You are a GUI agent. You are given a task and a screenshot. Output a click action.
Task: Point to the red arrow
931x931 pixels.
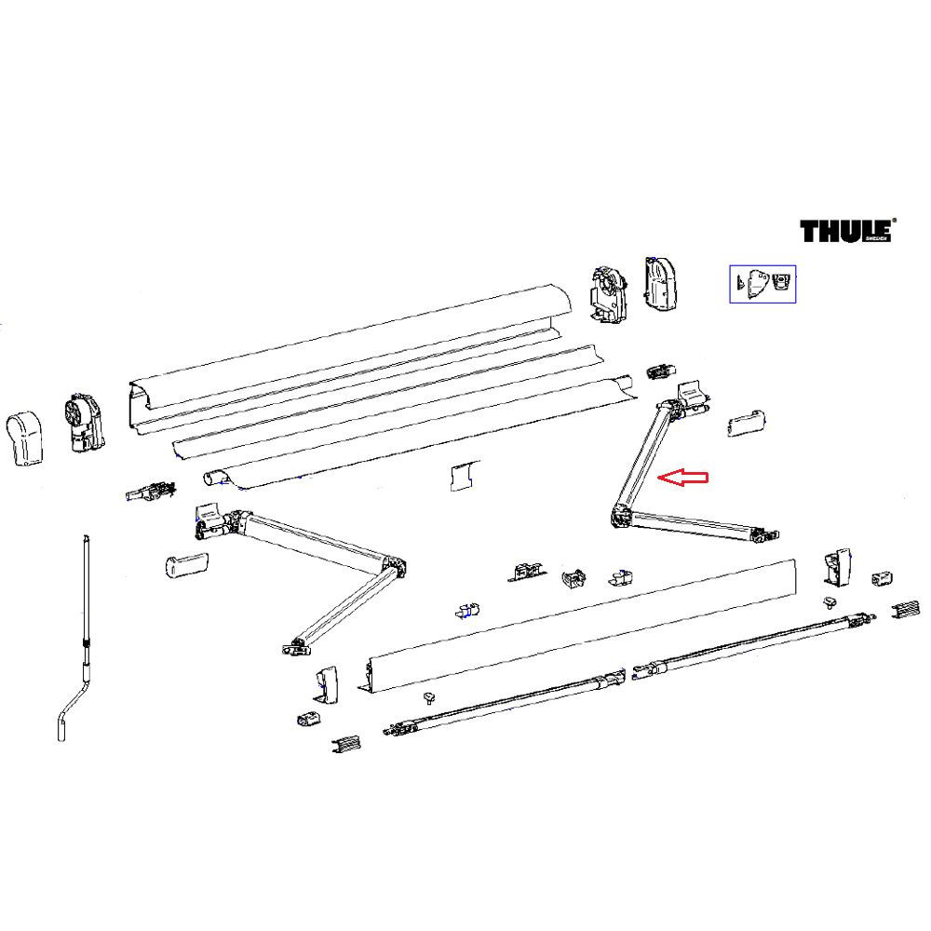pyautogui.click(x=683, y=478)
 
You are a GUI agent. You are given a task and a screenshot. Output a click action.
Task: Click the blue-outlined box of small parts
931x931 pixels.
pyautogui.click(x=762, y=283)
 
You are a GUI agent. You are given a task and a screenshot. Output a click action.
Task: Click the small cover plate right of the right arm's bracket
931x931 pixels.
pyautogui.click(x=745, y=425)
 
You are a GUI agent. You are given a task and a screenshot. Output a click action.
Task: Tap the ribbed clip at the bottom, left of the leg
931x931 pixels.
pyautogui.click(x=345, y=744)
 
